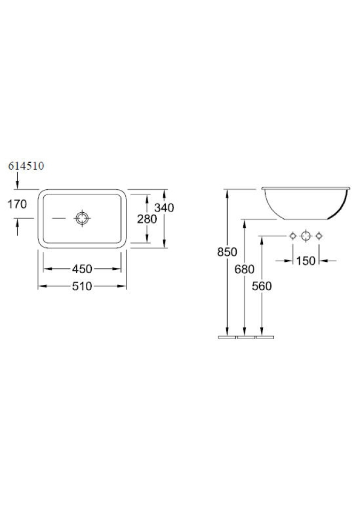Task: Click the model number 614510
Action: tap(26, 166)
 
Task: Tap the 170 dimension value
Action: tap(17, 204)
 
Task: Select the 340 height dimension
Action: tap(164, 207)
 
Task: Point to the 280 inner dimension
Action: tap(147, 219)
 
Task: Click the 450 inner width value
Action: tap(82, 269)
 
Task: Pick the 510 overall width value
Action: tap(82, 286)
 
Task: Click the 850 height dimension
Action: tap(227, 252)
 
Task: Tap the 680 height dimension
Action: tap(244, 269)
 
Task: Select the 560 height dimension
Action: tap(262, 286)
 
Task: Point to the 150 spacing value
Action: tap(306, 261)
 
